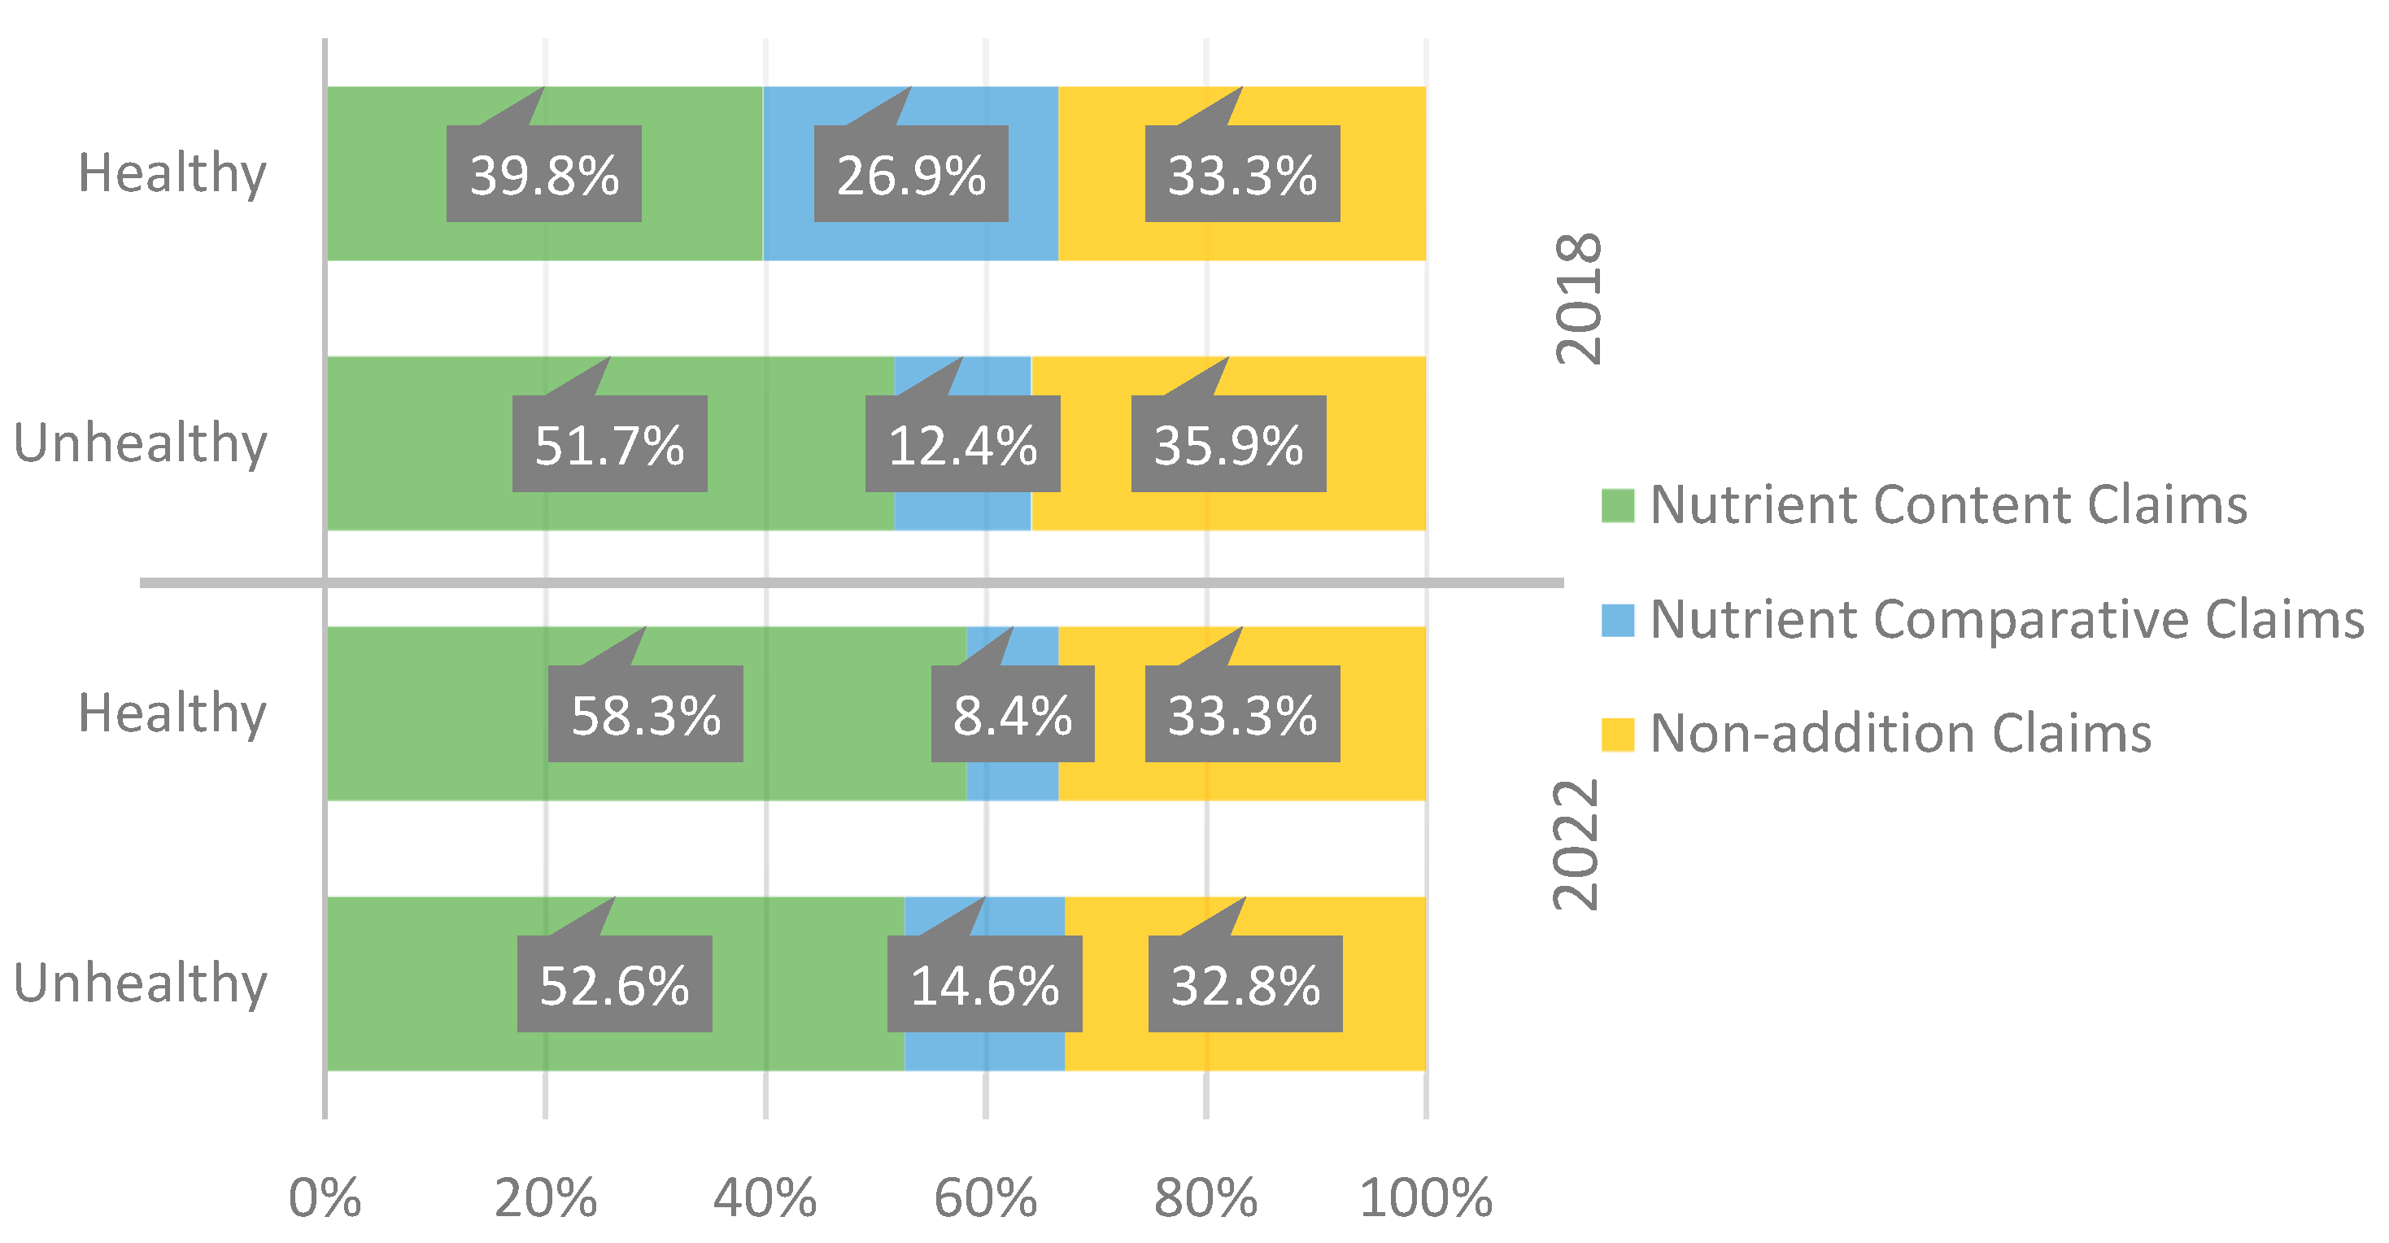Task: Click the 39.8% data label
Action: pos(543,174)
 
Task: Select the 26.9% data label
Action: pos(911,174)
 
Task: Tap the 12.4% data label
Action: pos(962,444)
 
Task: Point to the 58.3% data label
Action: pos(646,714)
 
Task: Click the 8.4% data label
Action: pos(1013,714)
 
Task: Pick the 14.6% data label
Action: pos(984,984)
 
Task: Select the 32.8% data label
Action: pos(1245,984)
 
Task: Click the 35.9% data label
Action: pos(1228,444)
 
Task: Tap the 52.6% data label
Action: pos(614,984)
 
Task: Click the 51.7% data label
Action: pos(609,444)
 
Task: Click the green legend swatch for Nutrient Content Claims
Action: pos(1617,505)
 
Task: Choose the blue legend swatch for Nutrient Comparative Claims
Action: pos(1617,620)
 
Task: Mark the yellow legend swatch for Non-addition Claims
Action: pos(1617,734)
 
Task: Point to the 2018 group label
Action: pos(1577,299)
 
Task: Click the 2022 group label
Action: pos(1576,844)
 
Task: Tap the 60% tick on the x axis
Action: pos(985,1197)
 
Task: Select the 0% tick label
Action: pos(325,1197)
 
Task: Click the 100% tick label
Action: pos(1425,1197)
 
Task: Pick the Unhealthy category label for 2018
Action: pos(141,443)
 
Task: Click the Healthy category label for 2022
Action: pos(172,713)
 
